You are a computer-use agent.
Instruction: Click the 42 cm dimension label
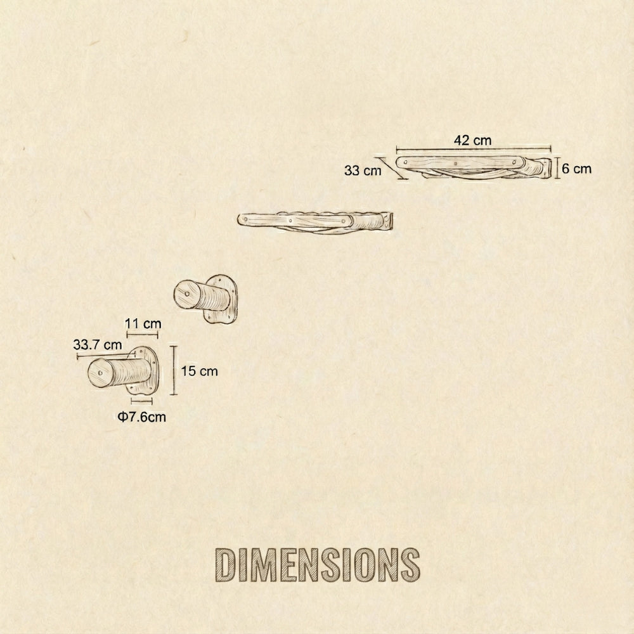(x=473, y=141)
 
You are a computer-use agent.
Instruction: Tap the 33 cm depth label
(x=363, y=170)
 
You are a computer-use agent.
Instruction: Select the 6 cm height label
(x=576, y=169)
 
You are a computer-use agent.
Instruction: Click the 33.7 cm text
(x=97, y=345)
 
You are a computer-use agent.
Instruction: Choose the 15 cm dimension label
(x=199, y=371)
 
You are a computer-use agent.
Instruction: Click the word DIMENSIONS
(x=317, y=562)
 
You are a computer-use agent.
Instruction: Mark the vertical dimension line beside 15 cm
(x=172, y=371)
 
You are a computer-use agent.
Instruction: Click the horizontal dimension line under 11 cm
(x=142, y=334)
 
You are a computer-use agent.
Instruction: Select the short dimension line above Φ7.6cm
(x=141, y=401)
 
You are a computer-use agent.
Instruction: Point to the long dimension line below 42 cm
(x=473, y=151)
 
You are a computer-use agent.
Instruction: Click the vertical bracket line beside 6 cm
(x=557, y=168)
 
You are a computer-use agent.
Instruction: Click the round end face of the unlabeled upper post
(x=185, y=295)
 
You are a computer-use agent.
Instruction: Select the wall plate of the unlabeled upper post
(x=222, y=299)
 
